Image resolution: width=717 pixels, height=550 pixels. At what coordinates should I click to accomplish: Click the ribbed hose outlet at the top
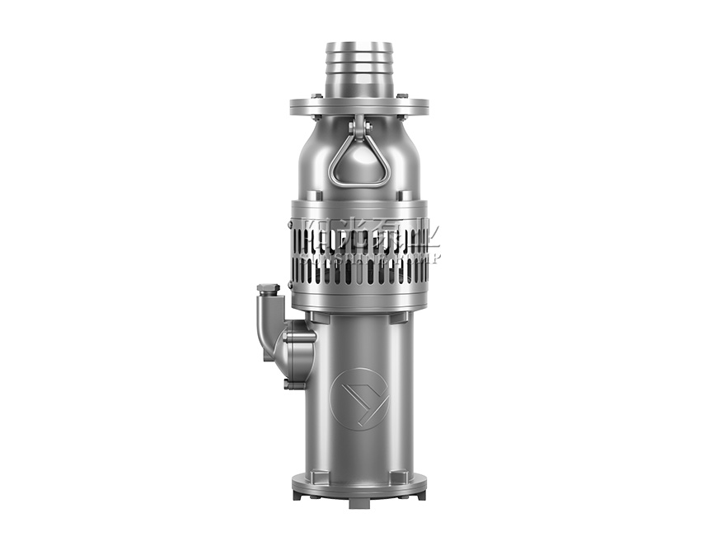click(x=358, y=68)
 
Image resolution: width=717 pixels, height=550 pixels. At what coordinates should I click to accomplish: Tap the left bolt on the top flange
click(x=316, y=97)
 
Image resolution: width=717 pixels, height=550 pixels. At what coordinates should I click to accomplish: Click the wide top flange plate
click(x=358, y=107)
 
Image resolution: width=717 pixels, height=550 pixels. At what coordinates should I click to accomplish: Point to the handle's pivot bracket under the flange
click(x=358, y=125)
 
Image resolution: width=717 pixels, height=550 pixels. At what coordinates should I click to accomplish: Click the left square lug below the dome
click(x=316, y=194)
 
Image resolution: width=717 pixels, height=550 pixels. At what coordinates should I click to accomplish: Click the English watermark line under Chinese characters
click(x=371, y=257)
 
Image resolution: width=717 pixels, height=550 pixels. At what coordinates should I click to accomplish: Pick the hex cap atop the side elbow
click(x=267, y=289)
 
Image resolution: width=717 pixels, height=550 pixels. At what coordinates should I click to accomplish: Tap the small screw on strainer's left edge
click(x=290, y=224)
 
